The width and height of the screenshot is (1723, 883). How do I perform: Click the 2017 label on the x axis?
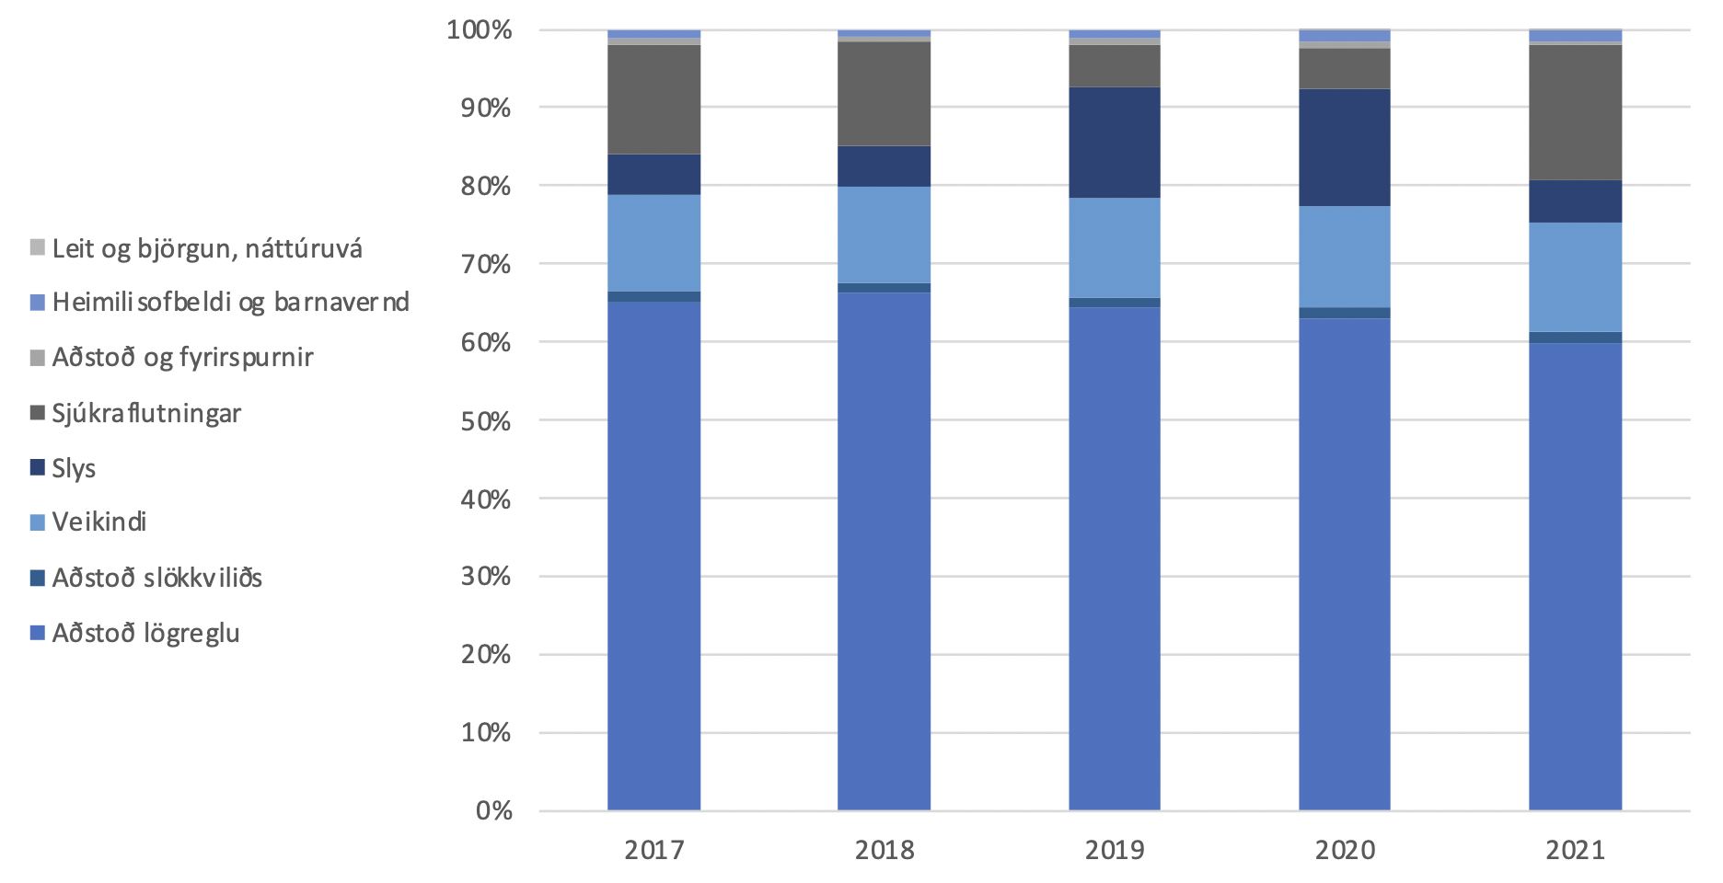coord(653,849)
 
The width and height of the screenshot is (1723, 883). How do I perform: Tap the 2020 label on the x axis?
coord(1344,849)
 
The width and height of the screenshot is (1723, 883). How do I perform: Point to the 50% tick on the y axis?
coord(486,421)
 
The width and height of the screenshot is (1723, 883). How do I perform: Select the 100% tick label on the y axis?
coord(479,30)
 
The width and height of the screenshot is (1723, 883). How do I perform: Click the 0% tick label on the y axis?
coord(493,810)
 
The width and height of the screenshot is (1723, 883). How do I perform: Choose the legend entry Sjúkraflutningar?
coord(146,413)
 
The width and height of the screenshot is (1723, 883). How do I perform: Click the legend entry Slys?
coord(74,468)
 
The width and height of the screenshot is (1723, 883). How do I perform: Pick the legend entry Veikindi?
coord(99,522)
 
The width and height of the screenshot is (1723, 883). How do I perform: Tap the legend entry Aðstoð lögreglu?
coord(145,633)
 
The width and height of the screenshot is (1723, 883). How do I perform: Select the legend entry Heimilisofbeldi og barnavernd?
coord(230,303)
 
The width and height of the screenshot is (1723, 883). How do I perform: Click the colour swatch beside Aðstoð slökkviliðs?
coord(38,578)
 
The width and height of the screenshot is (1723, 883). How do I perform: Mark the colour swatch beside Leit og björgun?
coord(38,247)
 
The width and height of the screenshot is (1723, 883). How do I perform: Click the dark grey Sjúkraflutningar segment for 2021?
coord(1575,112)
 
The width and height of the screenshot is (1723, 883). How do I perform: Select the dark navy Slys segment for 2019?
coord(1114,143)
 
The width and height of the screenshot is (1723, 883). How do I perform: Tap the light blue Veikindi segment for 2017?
coord(653,243)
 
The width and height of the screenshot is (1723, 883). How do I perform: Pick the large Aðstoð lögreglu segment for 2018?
coord(884,552)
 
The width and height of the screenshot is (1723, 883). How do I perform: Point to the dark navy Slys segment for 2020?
coord(1344,147)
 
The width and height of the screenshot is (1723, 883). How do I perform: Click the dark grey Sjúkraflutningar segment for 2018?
coord(884,94)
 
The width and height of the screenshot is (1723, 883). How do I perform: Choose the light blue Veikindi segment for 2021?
coord(1575,277)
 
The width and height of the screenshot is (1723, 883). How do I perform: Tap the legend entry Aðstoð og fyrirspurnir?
coord(182,358)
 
